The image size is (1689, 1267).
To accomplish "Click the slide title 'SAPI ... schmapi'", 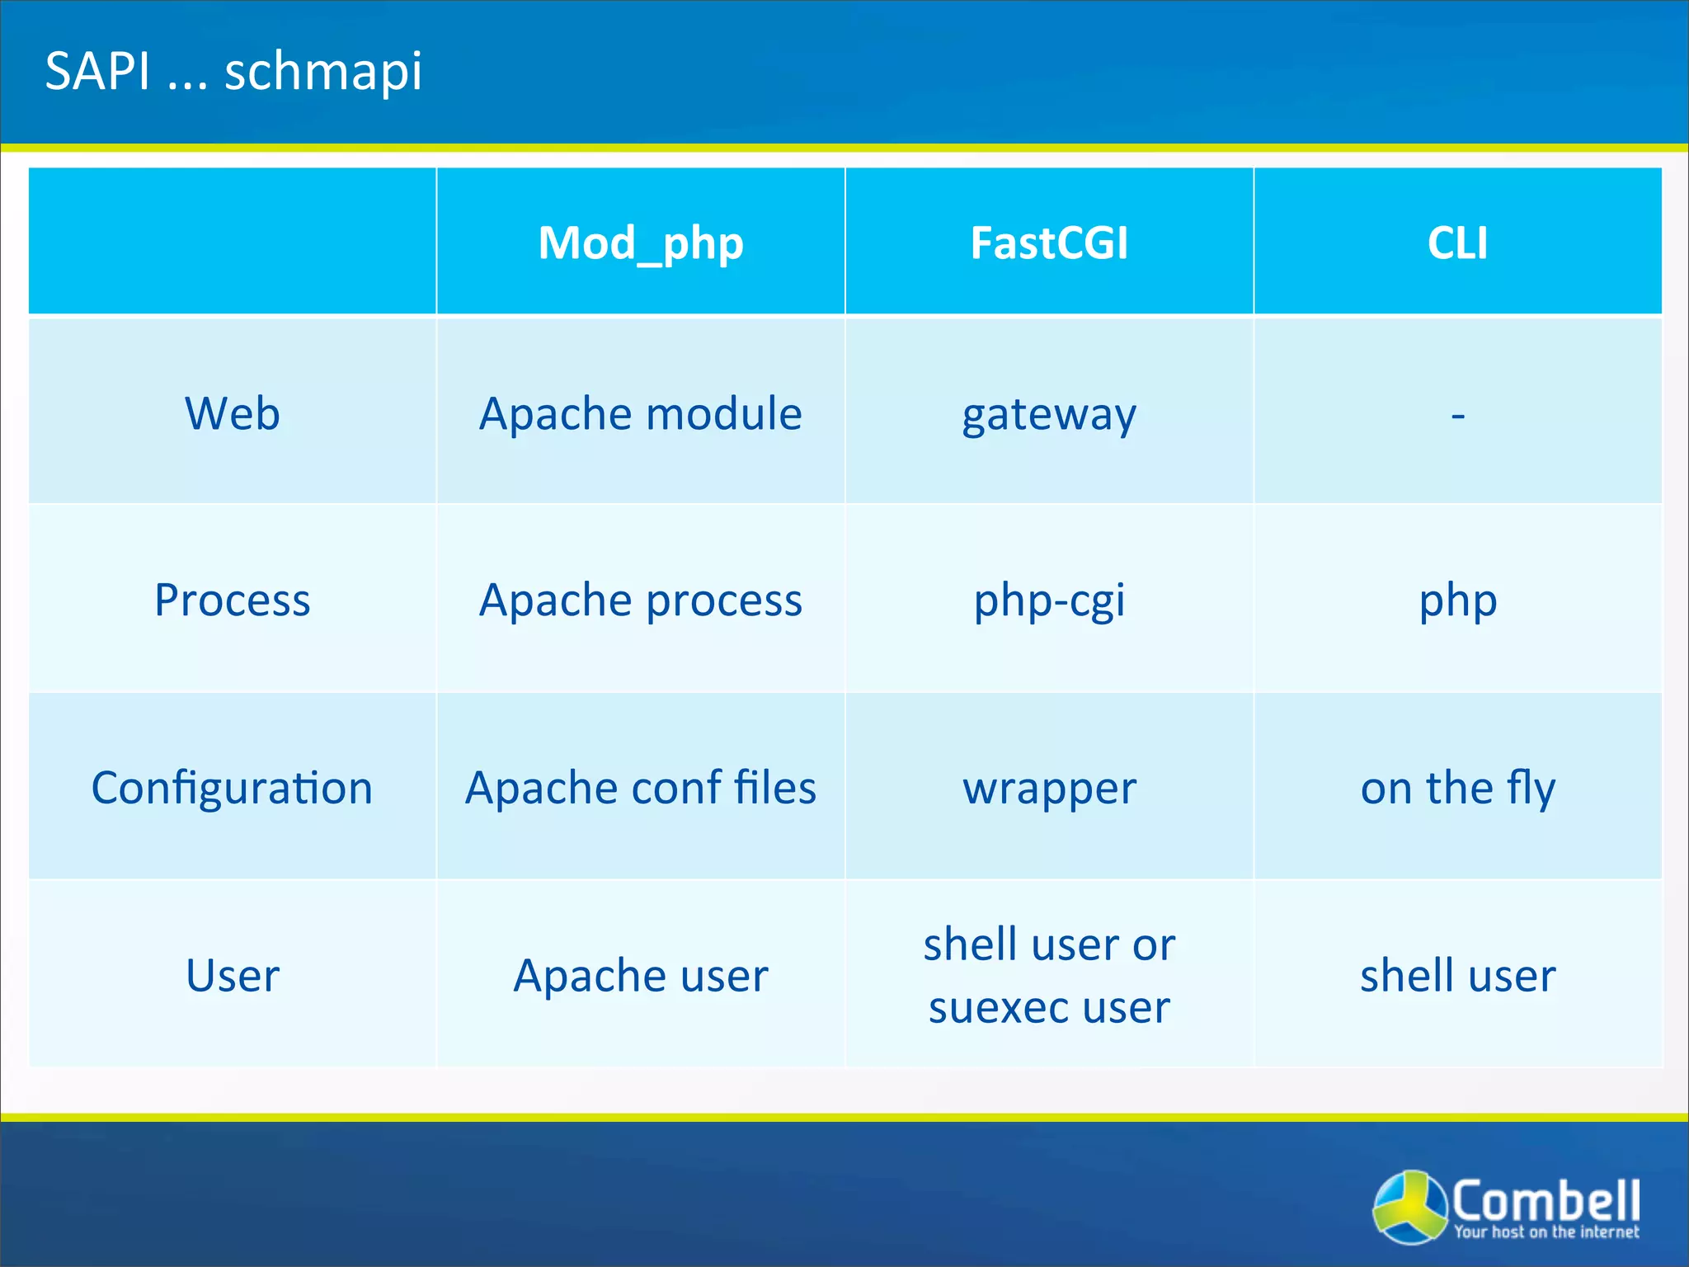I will pyautogui.click(x=233, y=71).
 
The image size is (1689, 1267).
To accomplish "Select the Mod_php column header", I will pyautogui.click(x=641, y=243).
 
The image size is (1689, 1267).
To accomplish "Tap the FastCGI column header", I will pyautogui.click(x=1049, y=243).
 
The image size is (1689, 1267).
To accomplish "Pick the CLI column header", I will pyautogui.click(x=1457, y=243).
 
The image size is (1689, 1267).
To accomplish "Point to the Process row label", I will pyautogui.click(x=233, y=600).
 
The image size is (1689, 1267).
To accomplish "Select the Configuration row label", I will pyautogui.click(x=233, y=788).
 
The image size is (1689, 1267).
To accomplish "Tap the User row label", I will pyautogui.click(x=233, y=975).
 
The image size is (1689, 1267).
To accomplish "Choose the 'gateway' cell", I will pyautogui.click(x=1049, y=415).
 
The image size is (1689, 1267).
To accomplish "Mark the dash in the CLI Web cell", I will pyautogui.click(x=1457, y=415).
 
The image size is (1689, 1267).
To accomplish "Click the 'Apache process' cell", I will pyautogui.click(x=641, y=600).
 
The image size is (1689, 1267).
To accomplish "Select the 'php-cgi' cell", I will pyautogui.click(x=1049, y=601).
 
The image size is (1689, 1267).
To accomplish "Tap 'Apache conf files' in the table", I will pyautogui.click(x=641, y=788).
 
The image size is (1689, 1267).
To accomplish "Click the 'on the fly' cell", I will pyautogui.click(x=1457, y=788).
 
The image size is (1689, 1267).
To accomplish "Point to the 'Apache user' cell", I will pyautogui.click(x=641, y=975).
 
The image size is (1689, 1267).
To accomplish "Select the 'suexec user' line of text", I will pyautogui.click(x=1049, y=1007).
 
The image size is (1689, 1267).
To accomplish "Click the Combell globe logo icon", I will pyautogui.click(x=1410, y=1206).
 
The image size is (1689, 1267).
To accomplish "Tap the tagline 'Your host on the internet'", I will pyautogui.click(x=1546, y=1232).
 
